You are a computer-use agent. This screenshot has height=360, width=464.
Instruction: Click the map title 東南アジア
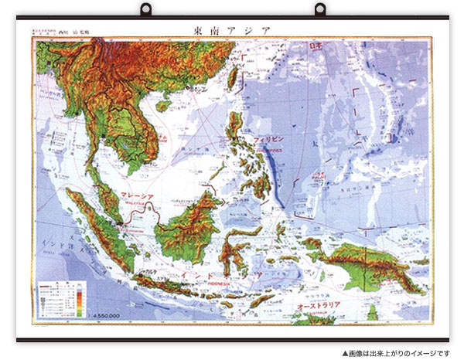pos(232,32)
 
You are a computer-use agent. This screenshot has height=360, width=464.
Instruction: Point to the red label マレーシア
pos(140,197)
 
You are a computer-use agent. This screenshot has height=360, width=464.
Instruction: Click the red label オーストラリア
pos(319,307)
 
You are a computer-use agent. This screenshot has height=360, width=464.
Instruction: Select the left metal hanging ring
pos(145,11)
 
